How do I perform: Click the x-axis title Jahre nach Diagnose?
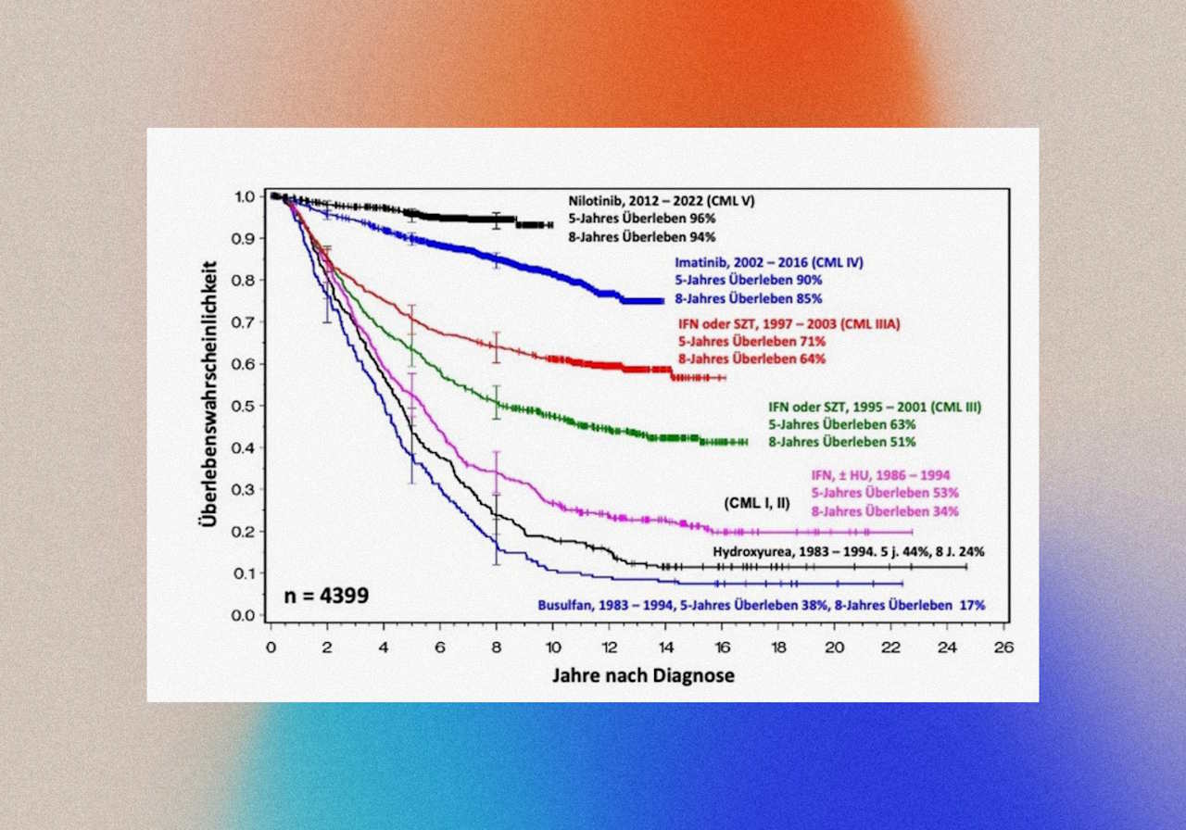coord(643,675)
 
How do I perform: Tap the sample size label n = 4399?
coord(326,595)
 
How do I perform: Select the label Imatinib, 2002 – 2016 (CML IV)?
coord(771,261)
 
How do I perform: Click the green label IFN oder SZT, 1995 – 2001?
coord(875,407)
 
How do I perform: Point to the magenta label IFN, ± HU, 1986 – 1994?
coord(880,475)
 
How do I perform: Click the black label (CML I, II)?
coord(757,503)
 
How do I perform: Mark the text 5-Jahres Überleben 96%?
coord(641,219)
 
